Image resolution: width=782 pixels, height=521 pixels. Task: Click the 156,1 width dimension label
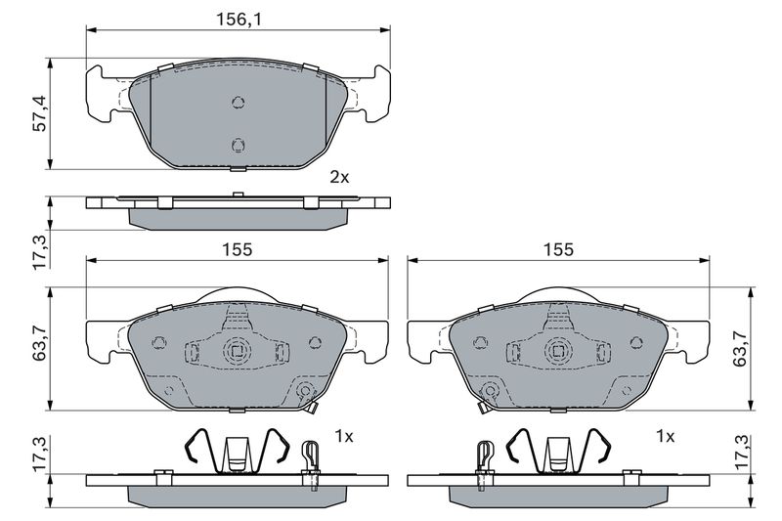[x=239, y=20]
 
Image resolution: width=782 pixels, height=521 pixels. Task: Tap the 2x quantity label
[x=339, y=177]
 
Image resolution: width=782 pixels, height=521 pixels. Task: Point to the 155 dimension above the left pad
[x=238, y=249]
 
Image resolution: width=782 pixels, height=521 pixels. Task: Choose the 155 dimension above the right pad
[x=558, y=249]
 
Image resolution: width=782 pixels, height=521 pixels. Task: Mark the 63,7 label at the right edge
[x=740, y=348]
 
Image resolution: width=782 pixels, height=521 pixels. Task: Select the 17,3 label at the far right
[x=740, y=452]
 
